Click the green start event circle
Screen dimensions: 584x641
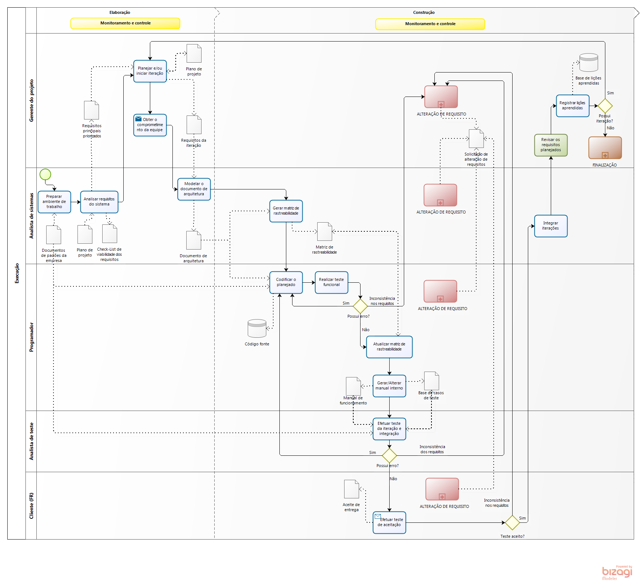click(x=45, y=175)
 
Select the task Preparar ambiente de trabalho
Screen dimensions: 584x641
click(x=54, y=202)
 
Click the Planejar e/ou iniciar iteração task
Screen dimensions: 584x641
click(x=150, y=71)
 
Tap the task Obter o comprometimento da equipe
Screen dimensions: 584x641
click(x=150, y=125)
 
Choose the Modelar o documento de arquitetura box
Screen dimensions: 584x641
click(x=194, y=189)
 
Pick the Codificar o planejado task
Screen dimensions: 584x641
click(x=286, y=282)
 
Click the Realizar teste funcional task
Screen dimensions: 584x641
click(x=331, y=282)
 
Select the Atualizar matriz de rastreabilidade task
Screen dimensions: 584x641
click(x=389, y=347)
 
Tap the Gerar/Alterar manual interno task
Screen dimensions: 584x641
click(x=389, y=386)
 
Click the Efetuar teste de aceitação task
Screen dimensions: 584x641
click(x=389, y=522)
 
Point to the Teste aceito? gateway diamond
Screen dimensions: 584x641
click(x=512, y=522)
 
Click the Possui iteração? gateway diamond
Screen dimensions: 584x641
click(x=605, y=106)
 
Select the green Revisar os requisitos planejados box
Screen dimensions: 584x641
click(x=551, y=145)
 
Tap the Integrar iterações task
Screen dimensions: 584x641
click(x=551, y=226)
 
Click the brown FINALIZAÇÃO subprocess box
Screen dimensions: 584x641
click(x=605, y=148)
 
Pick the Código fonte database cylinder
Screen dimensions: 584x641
click(x=257, y=328)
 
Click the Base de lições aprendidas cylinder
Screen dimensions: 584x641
click(x=589, y=63)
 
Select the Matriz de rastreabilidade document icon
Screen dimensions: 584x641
click(x=325, y=232)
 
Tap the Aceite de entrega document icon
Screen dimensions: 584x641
click(x=351, y=489)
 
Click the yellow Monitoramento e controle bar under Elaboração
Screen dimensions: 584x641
click(x=125, y=23)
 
